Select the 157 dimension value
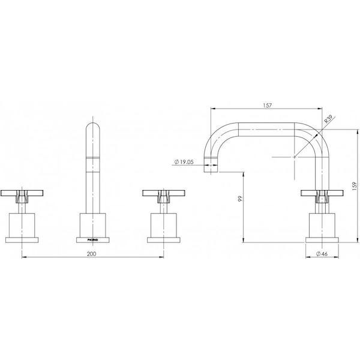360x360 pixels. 268,106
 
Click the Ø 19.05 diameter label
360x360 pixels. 187,161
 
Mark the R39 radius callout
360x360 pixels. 328,120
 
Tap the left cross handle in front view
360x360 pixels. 23,193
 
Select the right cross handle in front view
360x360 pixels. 162,193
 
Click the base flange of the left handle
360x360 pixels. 23,238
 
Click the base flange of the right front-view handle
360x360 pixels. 162,238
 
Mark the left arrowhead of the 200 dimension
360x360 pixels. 25,258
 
